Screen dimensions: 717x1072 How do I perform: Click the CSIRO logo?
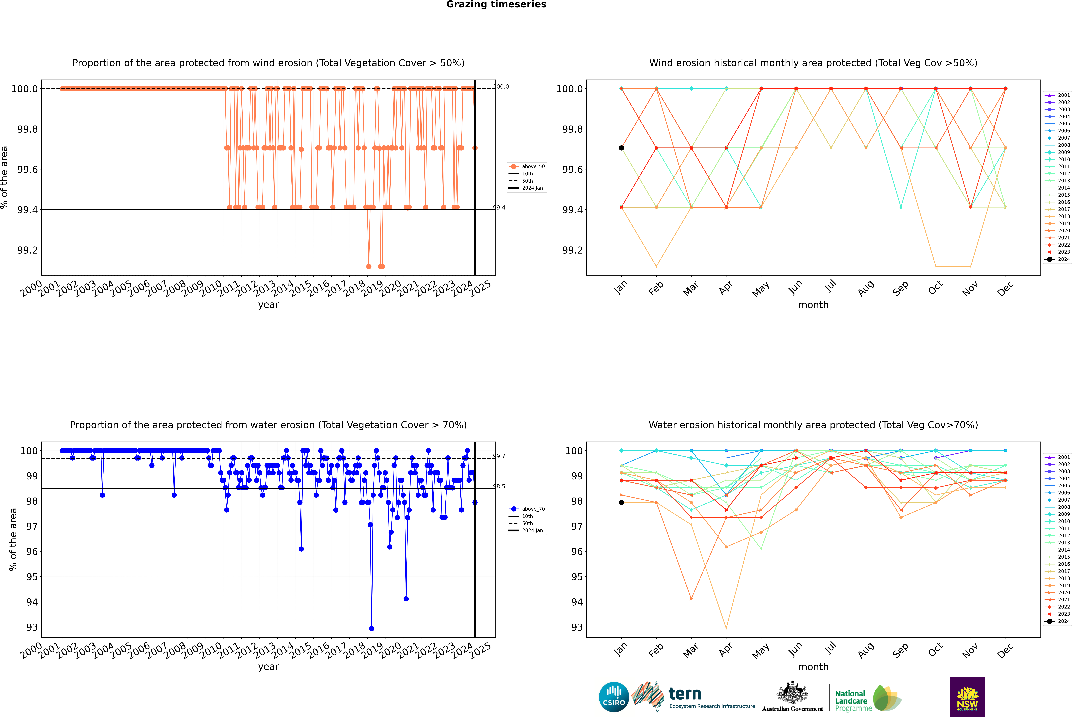click(x=614, y=697)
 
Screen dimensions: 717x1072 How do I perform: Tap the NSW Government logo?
click(x=967, y=697)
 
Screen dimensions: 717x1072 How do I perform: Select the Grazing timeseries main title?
click(x=496, y=5)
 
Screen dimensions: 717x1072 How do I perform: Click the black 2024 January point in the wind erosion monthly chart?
click(x=621, y=148)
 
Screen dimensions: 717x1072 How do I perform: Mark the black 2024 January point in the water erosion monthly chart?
click(x=621, y=503)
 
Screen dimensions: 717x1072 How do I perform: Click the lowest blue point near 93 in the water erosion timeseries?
click(x=372, y=628)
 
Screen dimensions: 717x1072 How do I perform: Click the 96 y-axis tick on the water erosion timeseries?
click(x=32, y=551)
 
